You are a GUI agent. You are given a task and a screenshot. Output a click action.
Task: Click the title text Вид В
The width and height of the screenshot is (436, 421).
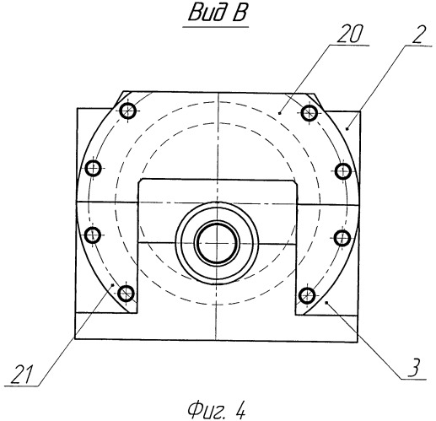point(218,13)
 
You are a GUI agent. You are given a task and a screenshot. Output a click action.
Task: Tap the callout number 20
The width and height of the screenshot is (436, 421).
point(349,34)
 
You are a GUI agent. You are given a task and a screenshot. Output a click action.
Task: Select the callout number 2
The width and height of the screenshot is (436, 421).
point(419,34)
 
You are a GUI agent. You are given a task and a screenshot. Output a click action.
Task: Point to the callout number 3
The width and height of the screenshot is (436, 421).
point(413,367)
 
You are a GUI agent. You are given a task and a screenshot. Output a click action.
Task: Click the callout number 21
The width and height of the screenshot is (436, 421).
point(22,375)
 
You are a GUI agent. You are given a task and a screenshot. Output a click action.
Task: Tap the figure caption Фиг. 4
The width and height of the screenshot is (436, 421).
point(217,410)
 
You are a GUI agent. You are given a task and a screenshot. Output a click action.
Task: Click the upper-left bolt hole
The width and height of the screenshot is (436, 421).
point(128,111)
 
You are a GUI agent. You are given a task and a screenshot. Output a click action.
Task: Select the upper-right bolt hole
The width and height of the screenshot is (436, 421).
point(310,113)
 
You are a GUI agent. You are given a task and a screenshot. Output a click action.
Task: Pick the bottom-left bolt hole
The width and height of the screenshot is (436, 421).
point(126,294)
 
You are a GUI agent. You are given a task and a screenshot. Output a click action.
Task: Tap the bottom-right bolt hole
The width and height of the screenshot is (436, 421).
point(307,295)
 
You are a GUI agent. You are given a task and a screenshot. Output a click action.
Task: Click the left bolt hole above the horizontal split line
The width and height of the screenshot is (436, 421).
point(93,169)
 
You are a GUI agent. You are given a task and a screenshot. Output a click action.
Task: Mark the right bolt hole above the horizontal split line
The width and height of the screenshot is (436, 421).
point(343,170)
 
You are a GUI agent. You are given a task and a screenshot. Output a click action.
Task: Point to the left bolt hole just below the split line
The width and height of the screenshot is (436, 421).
point(93,235)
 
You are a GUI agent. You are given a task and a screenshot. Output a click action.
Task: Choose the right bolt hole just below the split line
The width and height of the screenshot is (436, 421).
point(342,238)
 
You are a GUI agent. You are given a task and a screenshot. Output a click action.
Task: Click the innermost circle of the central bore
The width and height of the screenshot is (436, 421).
point(217,243)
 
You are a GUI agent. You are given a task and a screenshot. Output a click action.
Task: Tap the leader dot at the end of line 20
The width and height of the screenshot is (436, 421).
point(279,113)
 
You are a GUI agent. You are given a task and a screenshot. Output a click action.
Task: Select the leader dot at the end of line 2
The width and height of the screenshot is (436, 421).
point(347,129)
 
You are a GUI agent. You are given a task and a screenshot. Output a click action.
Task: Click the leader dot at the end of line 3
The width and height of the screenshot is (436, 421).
point(326,302)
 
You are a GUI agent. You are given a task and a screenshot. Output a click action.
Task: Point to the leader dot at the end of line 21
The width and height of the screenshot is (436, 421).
point(113,285)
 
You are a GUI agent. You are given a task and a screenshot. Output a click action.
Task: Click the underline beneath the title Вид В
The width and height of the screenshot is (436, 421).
point(216,27)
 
